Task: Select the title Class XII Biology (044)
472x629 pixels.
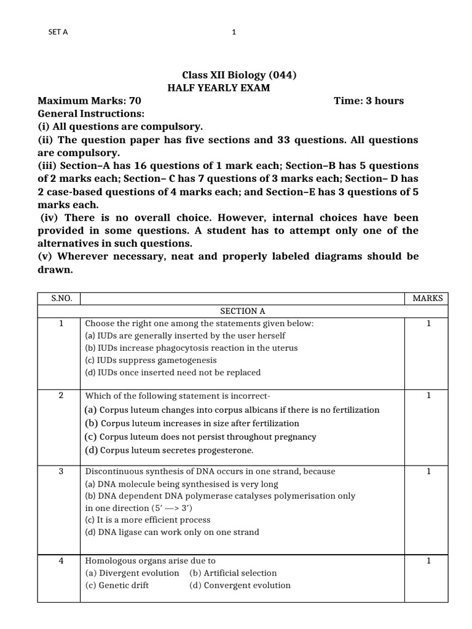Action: point(230,76)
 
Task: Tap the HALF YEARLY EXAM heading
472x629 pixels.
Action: point(219,88)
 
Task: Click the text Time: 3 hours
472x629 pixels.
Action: point(369,101)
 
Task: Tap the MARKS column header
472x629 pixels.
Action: point(427,299)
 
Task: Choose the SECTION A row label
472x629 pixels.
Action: point(242,311)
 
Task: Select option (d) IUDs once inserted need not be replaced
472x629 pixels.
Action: point(173,372)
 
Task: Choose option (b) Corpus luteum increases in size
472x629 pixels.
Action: point(192,423)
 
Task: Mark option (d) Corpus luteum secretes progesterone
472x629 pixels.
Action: point(169,450)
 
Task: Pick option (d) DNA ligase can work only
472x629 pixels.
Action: point(172,532)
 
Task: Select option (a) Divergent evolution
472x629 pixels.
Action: point(132,573)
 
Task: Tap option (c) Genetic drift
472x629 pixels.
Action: point(117,585)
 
